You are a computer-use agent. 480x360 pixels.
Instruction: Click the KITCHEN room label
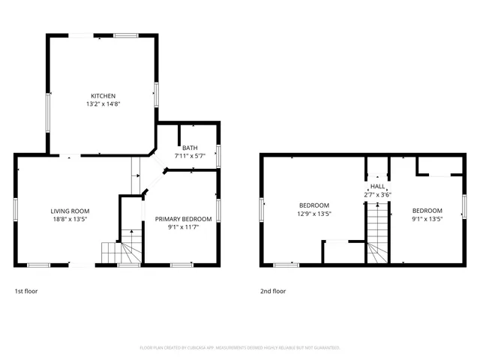(x=103, y=96)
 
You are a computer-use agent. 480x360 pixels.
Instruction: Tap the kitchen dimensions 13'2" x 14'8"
(x=103, y=104)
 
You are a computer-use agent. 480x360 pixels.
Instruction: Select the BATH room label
(x=190, y=148)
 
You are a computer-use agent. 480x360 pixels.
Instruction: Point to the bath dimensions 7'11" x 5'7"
(x=190, y=156)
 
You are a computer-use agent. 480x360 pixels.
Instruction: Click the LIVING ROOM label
(x=70, y=211)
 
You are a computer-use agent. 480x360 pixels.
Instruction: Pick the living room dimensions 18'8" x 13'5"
(x=70, y=220)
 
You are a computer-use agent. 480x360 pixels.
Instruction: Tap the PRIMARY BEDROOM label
(x=183, y=219)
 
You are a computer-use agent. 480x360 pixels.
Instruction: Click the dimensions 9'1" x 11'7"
(x=183, y=227)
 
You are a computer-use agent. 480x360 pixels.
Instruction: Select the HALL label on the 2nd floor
(x=377, y=186)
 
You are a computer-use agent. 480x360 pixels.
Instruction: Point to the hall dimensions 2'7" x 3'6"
(x=377, y=194)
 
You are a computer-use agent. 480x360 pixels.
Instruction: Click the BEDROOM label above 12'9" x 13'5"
(x=314, y=205)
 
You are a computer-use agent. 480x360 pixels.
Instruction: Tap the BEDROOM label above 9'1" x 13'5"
(x=427, y=211)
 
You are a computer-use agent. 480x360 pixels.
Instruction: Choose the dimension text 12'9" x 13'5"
(x=314, y=214)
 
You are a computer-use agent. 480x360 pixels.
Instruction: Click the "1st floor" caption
(x=27, y=291)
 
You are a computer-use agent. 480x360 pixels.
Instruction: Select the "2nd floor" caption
(x=273, y=291)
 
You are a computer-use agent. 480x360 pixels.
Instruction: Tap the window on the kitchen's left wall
(x=49, y=113)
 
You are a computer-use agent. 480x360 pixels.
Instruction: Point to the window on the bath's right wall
(x=219, y=154)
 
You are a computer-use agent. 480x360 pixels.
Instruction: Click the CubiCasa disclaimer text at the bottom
(x=240, y=347)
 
